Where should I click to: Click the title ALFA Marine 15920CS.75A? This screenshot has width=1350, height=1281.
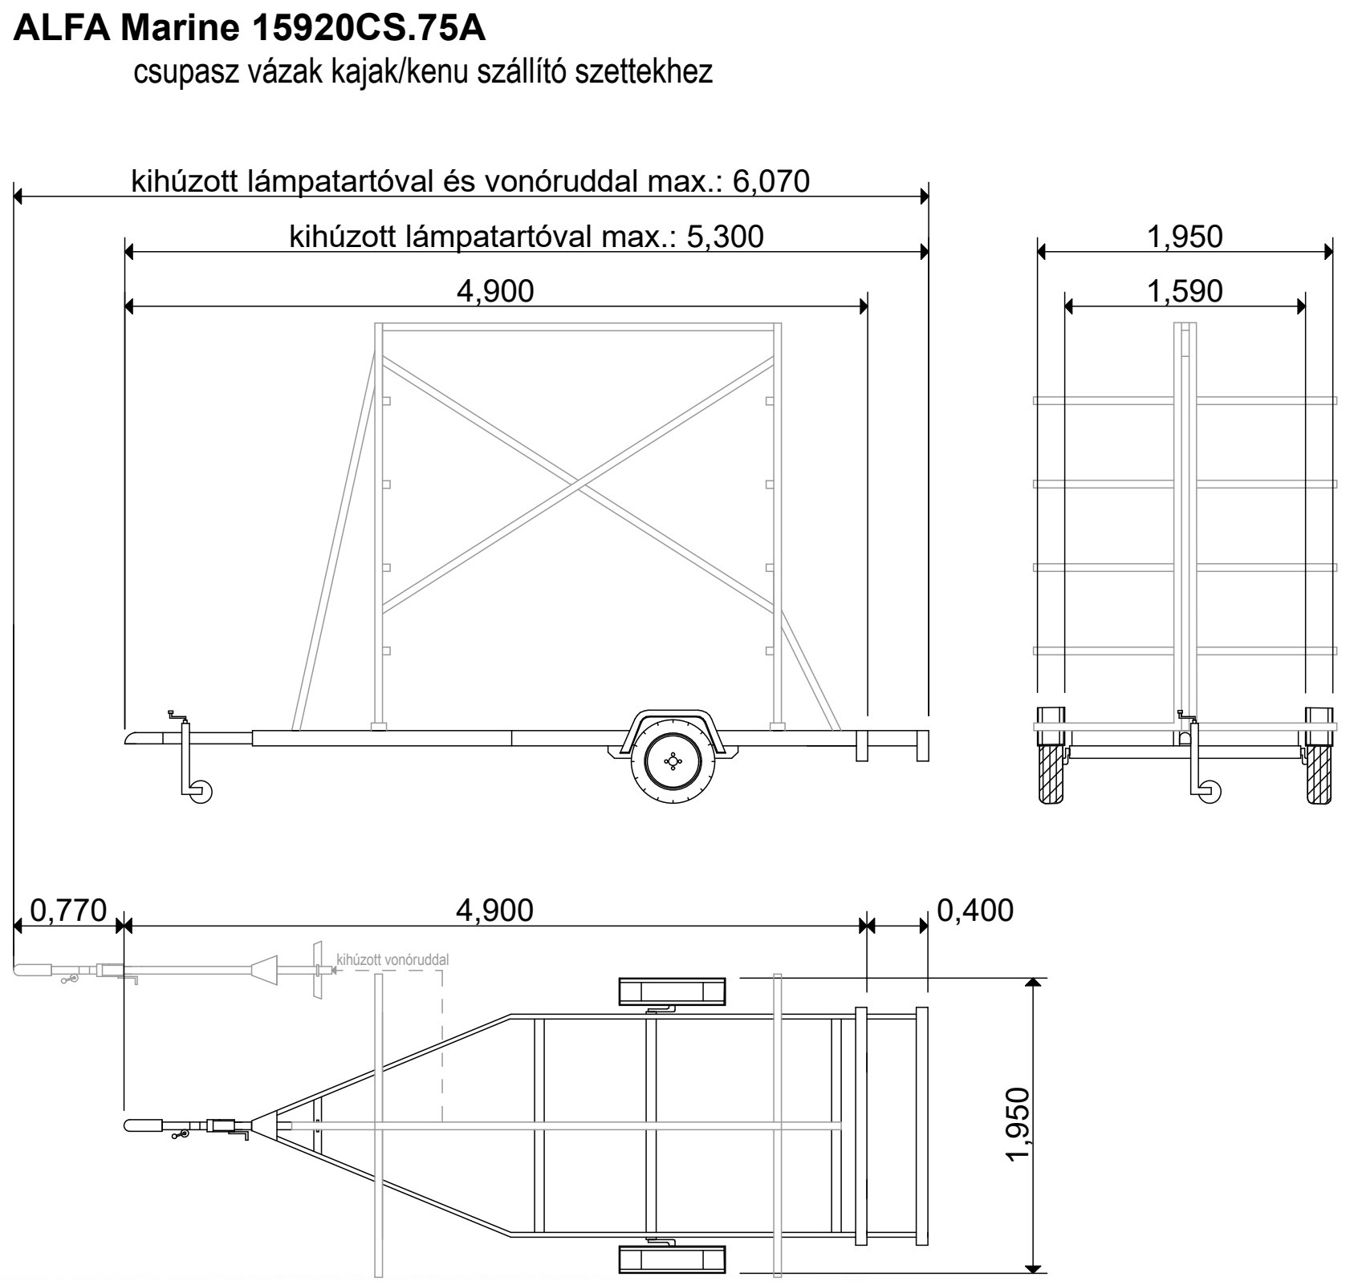250,30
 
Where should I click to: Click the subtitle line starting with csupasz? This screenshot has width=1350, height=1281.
423,72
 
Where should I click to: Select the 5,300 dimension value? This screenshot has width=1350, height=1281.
725,237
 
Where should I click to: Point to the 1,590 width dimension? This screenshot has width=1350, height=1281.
1185,291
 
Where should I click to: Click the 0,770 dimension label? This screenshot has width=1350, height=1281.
68,910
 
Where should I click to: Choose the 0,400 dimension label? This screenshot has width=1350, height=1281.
975,910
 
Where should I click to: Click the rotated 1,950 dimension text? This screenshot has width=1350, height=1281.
1017,1124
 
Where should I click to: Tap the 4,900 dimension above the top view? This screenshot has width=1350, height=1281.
494,910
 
